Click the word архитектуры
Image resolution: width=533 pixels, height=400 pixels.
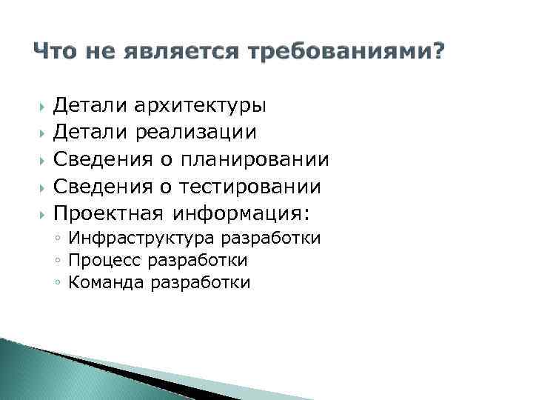click(x=201, y=105)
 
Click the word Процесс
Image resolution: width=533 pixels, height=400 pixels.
click(x=105, y=261)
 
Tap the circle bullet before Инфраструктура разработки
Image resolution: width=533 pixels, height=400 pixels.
click(x=57, y=239)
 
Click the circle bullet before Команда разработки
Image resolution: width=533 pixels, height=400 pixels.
click(x=57, y=283)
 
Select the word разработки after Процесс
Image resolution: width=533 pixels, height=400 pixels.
click(x=198, y=261)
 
